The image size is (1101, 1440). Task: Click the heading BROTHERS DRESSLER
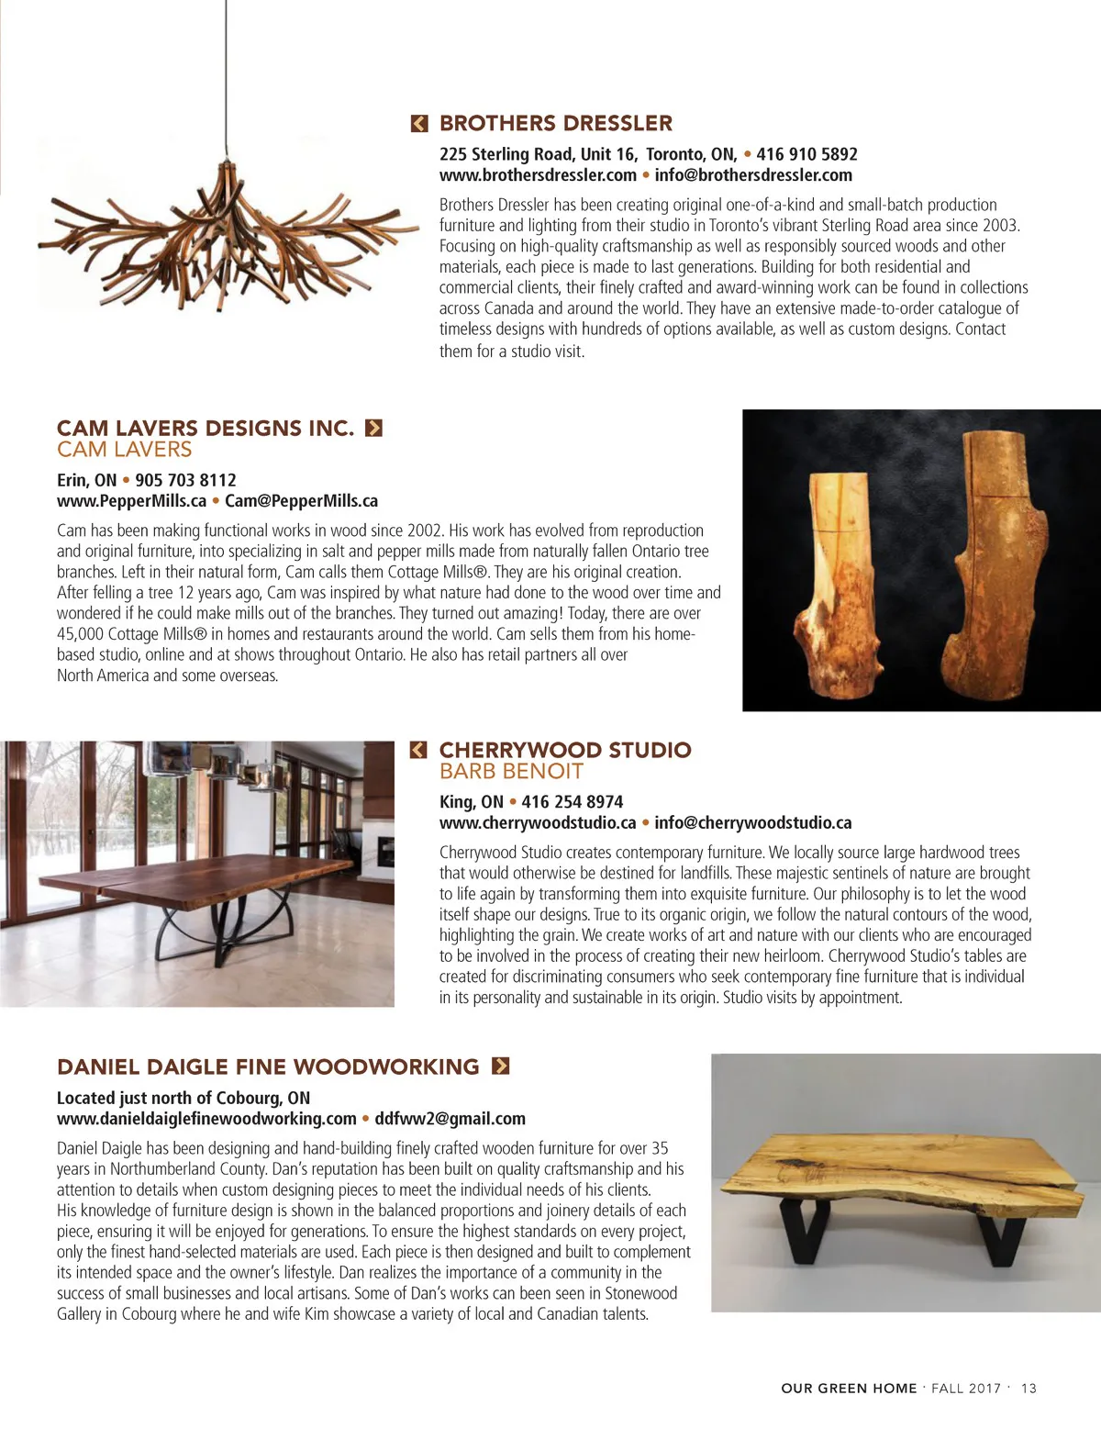point(555,123)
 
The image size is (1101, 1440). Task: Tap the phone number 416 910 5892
point(806,154)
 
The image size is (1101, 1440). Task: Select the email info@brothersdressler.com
point(752,175)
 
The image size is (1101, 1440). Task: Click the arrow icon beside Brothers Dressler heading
point(419,123)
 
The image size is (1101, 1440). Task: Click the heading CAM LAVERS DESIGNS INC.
point(206,428)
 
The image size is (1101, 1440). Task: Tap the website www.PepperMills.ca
point(131,501)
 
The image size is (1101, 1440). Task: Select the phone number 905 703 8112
point(185,480)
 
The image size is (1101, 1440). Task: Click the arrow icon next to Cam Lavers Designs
point(373,428)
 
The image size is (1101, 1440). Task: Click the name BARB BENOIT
point(511,772)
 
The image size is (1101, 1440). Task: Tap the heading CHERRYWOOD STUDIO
point(565,750)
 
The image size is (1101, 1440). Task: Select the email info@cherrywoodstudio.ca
point(752,823)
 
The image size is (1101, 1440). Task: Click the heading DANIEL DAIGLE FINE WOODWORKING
point(268,1066)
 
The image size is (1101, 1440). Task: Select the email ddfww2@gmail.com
point(450,1119)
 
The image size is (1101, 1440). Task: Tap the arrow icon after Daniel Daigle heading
point(500,1066)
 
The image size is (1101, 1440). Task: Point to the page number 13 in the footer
point(1029,1389)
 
